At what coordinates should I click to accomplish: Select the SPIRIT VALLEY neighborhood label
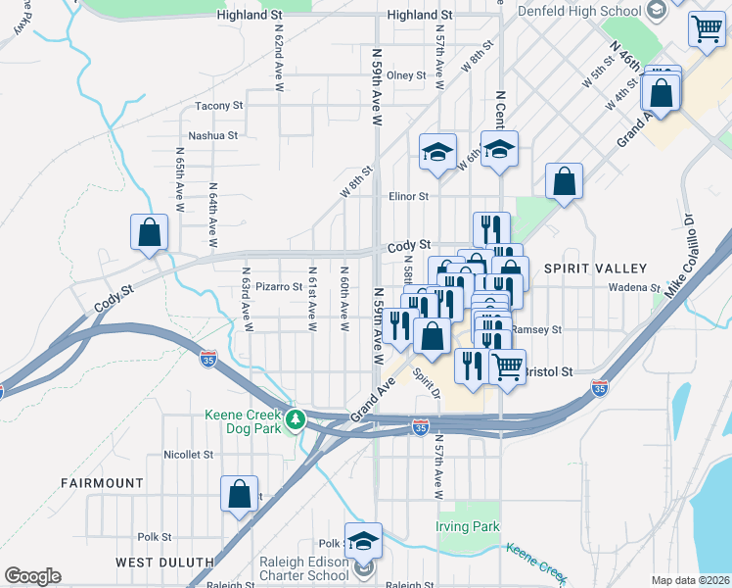pyautogui.click(x=604, y=269)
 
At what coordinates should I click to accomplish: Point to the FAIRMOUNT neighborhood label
pyautogui.click(x=102, y=483)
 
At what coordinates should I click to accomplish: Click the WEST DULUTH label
pyautogui.click(x=164, y=562)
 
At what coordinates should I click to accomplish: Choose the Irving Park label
pyautogui.click(x=467, y=526)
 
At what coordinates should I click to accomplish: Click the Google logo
pyautogui.click(x=32, y=576)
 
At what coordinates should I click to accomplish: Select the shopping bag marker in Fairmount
pyautogui.click(x=239, y=496)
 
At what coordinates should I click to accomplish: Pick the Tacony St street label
pyautogui.click(x=218, y=106)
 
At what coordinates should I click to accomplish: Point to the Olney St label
pyautogui.click(x=406, y=75)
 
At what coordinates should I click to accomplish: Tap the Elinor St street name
pyautogui.click(x=409, y=196)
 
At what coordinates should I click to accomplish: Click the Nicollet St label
pyautogui.click(x=189, y=455)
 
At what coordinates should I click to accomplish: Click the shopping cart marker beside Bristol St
pyautogui.click(x=506, y=368)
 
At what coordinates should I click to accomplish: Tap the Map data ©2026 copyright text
pyautogui.click(x=690, y=580)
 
